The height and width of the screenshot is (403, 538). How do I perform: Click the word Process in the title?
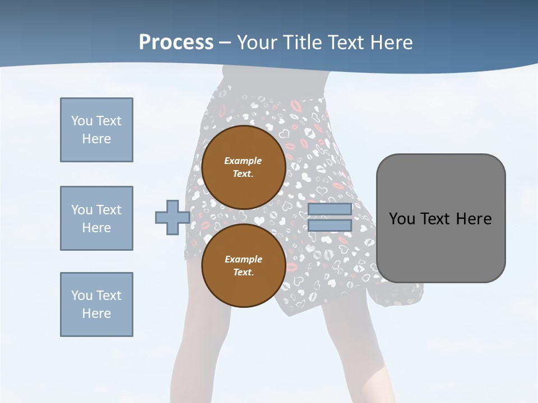[176, 42]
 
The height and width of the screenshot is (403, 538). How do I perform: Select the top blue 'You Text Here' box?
[96, 130]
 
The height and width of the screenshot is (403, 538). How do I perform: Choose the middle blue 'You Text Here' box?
[96, 218]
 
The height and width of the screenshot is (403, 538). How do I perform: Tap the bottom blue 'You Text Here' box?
[96, 304]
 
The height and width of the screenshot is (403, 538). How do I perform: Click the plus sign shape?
[172, 217]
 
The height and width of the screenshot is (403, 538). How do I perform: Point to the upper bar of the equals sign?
[330, 209]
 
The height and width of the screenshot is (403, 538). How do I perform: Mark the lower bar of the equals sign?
[330, 226]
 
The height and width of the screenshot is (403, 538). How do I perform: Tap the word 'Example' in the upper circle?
[243, 161]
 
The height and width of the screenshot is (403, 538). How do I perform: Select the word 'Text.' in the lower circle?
[243, 272]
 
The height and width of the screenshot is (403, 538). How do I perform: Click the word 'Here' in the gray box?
[474, 219]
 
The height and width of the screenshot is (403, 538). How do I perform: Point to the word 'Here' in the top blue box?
[96, 139]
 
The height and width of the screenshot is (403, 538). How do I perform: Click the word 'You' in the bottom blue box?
[82, 295]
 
